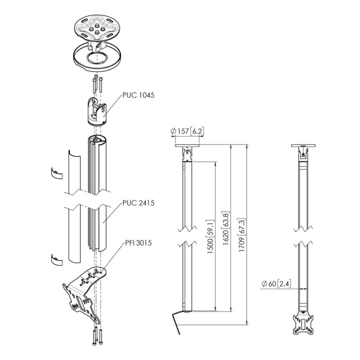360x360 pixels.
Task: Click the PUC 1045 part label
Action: (x=138, y=95)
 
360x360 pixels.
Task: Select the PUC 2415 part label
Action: (x=138, y=203)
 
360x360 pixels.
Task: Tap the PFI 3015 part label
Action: (x=138, y=242)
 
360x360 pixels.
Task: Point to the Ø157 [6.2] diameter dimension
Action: (x=187, y=131)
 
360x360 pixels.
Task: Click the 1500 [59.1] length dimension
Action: (x=210, y=236)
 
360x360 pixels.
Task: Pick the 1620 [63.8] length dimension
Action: (x=226, y=228)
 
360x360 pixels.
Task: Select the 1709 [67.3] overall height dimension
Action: (x=242, y=235)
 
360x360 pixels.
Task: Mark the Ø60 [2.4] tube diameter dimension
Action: (x=276, y=284)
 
